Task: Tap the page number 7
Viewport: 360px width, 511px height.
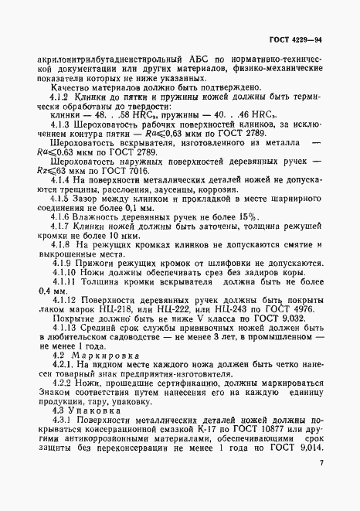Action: click(320, 485)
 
